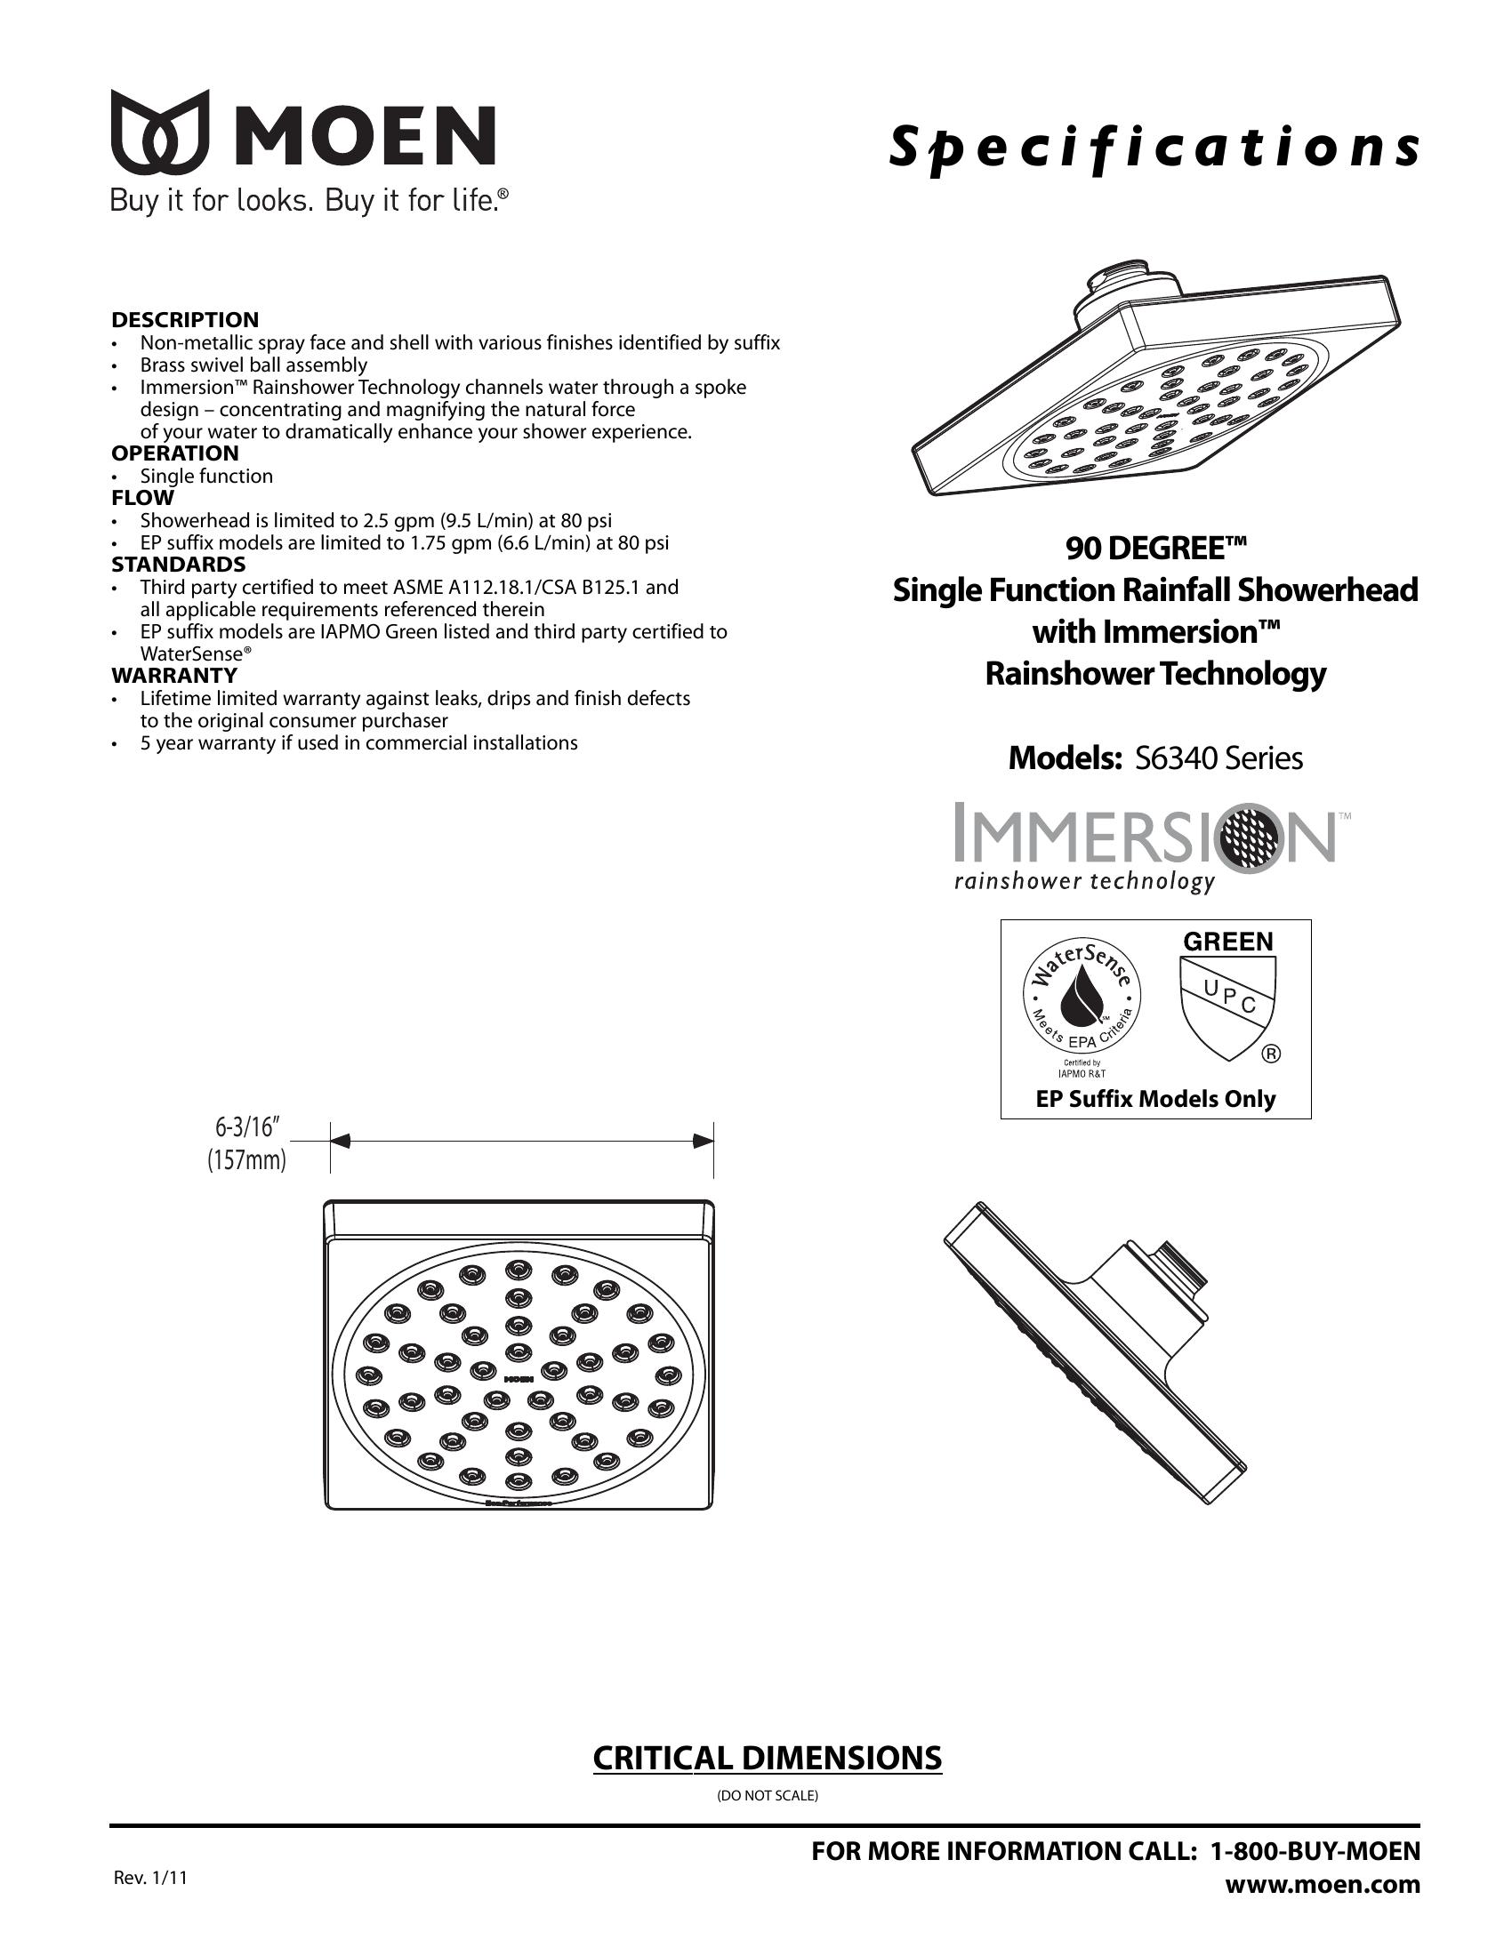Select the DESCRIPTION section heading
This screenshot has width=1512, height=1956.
point(184,320)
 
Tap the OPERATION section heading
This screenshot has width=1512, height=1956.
point(174,453)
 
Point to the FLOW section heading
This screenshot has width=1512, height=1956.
point(142,498)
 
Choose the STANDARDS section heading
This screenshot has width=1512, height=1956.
point(178,565)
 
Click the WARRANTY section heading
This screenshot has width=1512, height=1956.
point(173,676)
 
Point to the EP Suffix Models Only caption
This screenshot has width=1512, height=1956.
point(1155,1099)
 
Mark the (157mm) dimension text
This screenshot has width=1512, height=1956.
point(246,1160)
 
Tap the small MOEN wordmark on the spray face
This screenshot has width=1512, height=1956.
point(519,1378)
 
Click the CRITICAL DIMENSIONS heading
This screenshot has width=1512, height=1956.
point(767,1758)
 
